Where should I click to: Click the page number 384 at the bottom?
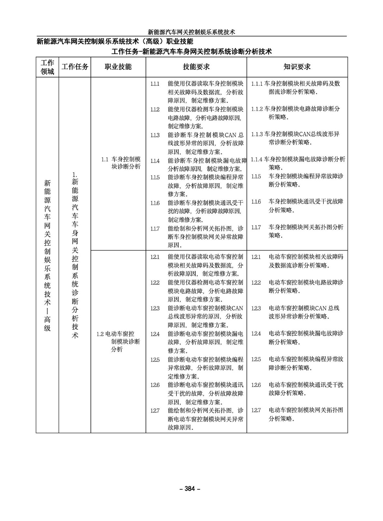[191, 488]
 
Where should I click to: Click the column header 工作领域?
[47, 67]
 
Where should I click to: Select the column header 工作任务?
[75, 67]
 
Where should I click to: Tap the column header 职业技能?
[118, 67]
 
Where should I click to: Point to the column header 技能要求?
[196, 67]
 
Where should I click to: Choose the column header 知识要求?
[297, 67]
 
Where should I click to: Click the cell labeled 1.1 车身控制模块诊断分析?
[121, 163]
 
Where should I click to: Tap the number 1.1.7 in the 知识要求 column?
[256, 227]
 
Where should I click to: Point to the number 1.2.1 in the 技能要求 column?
[155, 257]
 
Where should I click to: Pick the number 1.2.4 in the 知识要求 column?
[256, 334]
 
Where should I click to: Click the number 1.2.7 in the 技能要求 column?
[155, 411]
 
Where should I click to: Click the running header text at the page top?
[191, 32]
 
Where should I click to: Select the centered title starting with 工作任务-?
[191, 51]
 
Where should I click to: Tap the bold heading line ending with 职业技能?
[115, 41]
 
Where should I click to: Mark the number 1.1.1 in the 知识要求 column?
[257, 84]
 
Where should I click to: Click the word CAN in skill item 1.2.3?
[237, 308]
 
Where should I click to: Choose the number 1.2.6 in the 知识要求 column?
[256, 385]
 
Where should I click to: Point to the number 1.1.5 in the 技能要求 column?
[155, 177]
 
